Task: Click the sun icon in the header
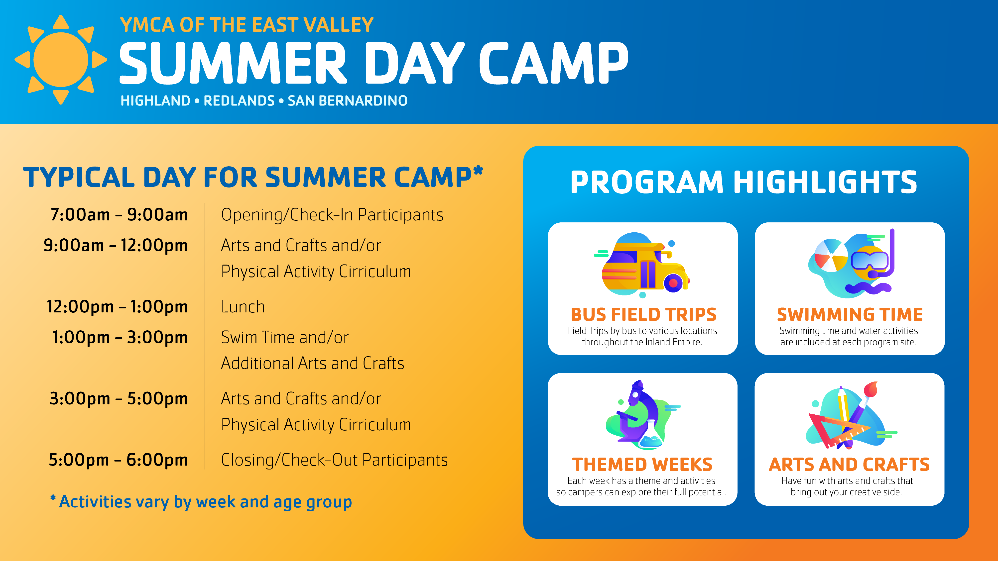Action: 61,60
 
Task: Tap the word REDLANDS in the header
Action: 239,101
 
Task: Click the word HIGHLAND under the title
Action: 155,101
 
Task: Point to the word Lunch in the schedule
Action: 243,307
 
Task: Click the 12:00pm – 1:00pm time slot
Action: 117,307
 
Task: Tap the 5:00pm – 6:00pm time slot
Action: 118,460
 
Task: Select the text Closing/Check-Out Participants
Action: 334,460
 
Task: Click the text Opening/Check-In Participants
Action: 332,215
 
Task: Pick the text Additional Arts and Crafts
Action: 312,363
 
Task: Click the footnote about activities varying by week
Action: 201,502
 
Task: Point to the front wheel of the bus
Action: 674,283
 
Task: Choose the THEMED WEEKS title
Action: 642,465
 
